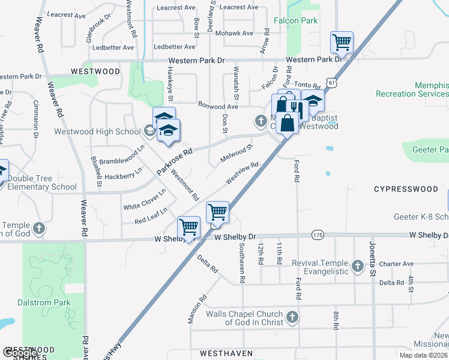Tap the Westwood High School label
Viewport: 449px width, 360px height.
coord(97,131)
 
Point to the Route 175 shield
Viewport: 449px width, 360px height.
coord(318,236)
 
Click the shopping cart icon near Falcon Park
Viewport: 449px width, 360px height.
coord(342,43)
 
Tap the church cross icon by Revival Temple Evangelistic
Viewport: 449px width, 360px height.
coord(358,266)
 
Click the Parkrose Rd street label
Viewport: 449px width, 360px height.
coord(174,162)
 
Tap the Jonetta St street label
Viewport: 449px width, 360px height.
coord(372,264)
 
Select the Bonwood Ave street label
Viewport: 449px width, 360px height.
coord(218,106)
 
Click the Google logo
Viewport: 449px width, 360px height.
coord(20,353)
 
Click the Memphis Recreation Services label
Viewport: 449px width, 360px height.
coord(412,89)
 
